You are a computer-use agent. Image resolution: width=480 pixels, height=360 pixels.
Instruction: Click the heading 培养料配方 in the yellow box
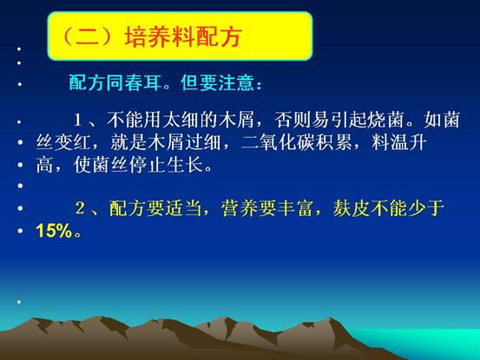pyautogui.click(x=183, y=36)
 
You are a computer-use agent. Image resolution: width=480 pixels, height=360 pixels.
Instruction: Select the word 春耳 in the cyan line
pyautogui.click(x=142, y=82)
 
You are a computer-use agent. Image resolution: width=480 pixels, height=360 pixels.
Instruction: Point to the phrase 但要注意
pyautogui.click(x=217, y=82)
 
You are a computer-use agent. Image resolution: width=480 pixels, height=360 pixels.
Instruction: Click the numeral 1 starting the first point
pyautogui.click(x=77, y=120)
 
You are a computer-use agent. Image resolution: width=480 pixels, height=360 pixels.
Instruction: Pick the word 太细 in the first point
pyautogui.click(x=181, y=120)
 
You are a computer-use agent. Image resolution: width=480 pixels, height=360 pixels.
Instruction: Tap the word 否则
pyautogui.click(x=293, y=120)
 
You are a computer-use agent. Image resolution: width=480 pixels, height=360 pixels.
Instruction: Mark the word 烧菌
pyautogui.click(x=386, y=120)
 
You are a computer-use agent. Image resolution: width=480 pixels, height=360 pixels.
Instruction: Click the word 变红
pyautogui.click(x=73, y=142)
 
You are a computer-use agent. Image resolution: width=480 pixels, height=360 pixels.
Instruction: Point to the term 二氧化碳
pyautogui.click(x=278, y=142)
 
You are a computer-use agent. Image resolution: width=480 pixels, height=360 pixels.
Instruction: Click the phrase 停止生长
pyautogui.click(x=167, y=165)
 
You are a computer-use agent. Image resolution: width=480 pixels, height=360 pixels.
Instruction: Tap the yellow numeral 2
pyautogui.click(x=80, y=208)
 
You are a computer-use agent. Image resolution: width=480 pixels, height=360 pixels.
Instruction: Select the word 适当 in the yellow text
pyautogui.click(x=183, y=208)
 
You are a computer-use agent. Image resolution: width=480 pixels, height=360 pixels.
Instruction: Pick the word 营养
pyautogui.click(x=240, y=208)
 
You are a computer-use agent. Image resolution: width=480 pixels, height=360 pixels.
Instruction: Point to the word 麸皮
pyautogui.click(x=352, y=208)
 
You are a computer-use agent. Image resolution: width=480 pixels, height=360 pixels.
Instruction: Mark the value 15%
pyautogui.click(x=54, y=231)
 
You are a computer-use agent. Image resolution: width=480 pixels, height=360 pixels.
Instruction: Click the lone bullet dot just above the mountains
pyautogui.click(x=19, y=302)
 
